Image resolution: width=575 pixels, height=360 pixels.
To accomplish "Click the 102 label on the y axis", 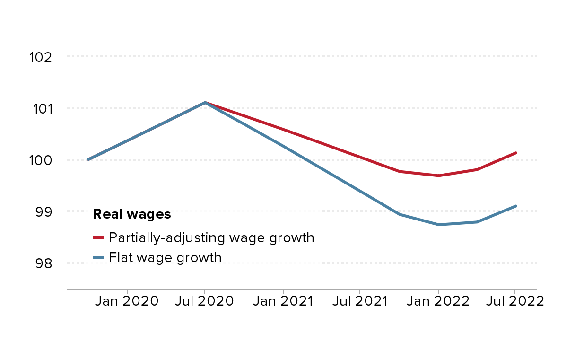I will coord(40,57).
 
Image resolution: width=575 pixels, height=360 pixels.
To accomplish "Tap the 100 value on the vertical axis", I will coord(40,160).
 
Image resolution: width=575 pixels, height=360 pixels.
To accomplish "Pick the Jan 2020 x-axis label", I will coord(127,301).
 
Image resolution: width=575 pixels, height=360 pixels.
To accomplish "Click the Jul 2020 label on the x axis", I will coord(204,301).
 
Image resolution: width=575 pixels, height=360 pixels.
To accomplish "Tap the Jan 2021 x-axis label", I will coord(282,301).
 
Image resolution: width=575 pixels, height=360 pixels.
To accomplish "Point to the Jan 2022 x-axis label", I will coord(437,301).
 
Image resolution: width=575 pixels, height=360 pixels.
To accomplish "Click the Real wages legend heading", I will coord(131,214).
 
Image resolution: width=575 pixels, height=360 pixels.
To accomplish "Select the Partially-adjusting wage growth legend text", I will coord(211,237).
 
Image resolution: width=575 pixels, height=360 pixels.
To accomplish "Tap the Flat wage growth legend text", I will coord(165,258).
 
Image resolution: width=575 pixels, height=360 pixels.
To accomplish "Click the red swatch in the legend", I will coord(98,237).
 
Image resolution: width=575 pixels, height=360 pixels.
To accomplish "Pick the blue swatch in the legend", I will coord(98,258).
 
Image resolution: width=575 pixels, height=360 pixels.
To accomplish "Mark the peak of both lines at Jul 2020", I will coord(205,102).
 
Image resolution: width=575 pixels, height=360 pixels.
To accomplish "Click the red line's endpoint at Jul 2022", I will coord(516,153).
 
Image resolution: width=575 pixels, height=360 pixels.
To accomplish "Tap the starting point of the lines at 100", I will coord(88,159).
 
